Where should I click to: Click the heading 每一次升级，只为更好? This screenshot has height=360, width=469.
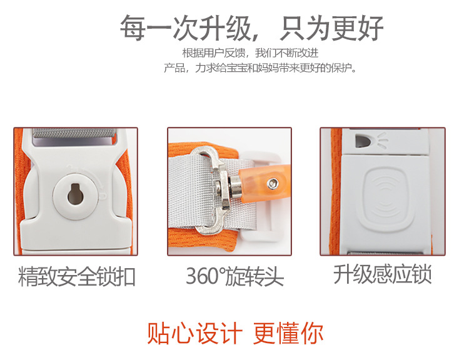251,28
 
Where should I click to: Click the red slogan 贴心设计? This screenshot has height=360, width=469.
194,333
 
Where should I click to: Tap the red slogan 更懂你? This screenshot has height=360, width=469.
288,333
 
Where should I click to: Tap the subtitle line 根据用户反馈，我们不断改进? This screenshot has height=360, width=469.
250,52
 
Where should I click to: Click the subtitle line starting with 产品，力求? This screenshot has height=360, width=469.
261,67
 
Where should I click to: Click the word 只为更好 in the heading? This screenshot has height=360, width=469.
331,28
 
